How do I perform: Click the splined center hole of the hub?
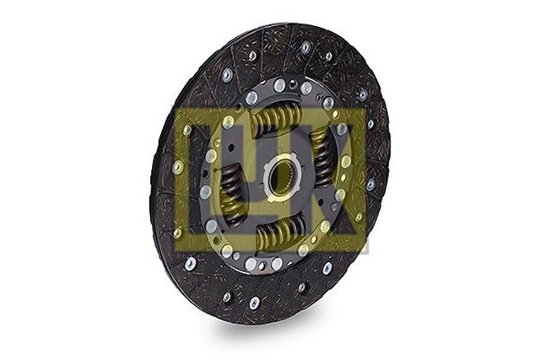pos(278,178)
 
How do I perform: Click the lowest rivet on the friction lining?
pos(254,302)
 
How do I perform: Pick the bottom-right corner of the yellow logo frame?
pos(369,251)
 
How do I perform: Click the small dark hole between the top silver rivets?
pos(293,85)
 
